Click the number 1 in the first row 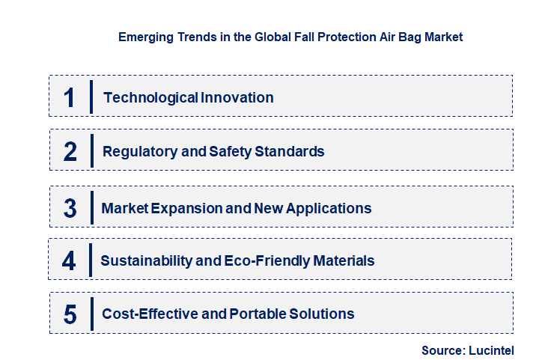tap(70, 97)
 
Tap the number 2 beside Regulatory tap(70, 152)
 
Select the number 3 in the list tap(70, 208)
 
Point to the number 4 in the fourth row tap(70, 261)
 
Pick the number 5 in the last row tap(70, 314)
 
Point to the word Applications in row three tap(331, 208)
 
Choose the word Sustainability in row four tap(141, 261)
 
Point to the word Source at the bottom tap(443, 350)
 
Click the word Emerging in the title tap(144, 37)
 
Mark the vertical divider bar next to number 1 tap(91, 97)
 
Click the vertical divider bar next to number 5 tap(91, 314)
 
